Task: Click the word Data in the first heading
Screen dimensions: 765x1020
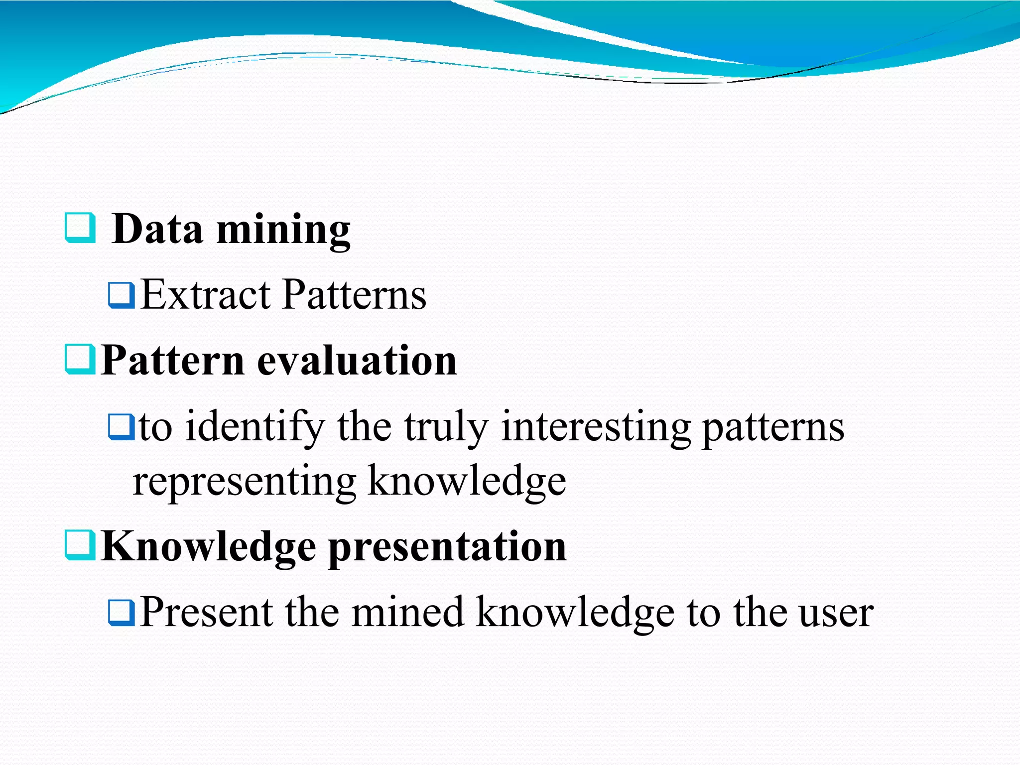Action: pos(157,229)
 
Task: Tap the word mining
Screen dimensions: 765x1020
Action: pos(283,230)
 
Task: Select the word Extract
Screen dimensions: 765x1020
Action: pos(205,295)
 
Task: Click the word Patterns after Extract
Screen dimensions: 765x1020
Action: pos(354,295)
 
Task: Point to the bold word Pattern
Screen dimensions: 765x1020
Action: pos(172,361)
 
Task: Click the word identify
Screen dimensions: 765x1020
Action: pos(255,427)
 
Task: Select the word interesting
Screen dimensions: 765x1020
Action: pos(596,427)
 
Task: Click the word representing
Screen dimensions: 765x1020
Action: pos(244,481)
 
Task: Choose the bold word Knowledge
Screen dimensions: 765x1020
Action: pos(208,547)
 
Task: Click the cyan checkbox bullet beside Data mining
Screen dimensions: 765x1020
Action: pos(80,228)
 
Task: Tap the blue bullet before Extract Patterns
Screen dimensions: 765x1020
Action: pos(122,295)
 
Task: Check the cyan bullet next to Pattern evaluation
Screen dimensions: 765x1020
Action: pos(80,360)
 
